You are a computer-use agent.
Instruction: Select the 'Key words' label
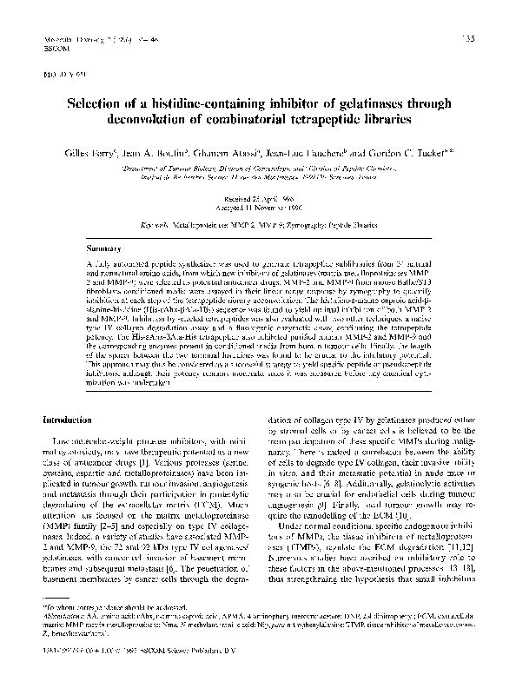pos(155,224)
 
